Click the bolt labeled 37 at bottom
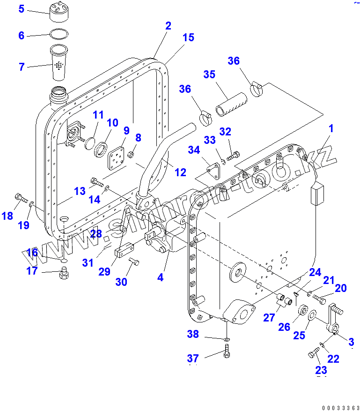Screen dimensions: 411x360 point(227,351)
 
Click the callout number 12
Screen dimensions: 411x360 point(180,172)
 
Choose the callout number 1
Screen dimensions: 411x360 point(331,128)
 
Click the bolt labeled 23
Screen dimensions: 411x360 point(313,355)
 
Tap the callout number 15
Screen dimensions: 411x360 point(188,37)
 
